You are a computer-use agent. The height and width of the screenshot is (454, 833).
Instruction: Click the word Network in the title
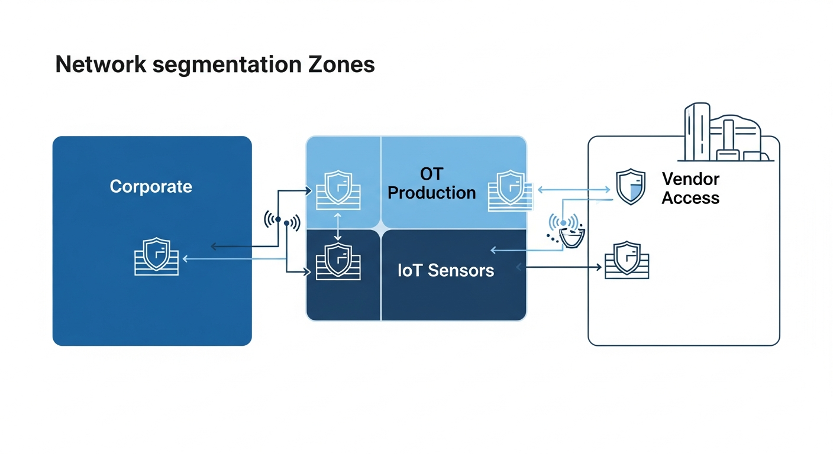click(100, 64)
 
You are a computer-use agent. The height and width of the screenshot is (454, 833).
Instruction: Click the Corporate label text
click(151, 187)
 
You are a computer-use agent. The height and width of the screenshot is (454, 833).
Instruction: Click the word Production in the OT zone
click(431, 193)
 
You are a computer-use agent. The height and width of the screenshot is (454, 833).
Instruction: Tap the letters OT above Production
click(431, 174)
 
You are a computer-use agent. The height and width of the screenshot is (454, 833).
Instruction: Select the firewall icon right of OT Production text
click(509, 190)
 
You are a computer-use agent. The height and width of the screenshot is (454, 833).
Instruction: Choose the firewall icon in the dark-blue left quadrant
click(338, 261)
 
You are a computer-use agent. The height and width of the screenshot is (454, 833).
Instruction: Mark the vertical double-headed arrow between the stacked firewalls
click(338, 226)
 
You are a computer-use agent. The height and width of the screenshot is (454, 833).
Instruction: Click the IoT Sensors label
click(445, 271)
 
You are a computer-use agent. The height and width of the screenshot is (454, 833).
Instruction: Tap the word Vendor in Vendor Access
click(690, 179)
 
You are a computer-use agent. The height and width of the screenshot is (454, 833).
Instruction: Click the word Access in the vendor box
click(690, 198)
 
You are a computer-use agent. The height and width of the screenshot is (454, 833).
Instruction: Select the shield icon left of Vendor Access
click(631, 187)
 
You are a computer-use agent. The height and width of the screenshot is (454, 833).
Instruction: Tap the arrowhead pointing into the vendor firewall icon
click(598, 268)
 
